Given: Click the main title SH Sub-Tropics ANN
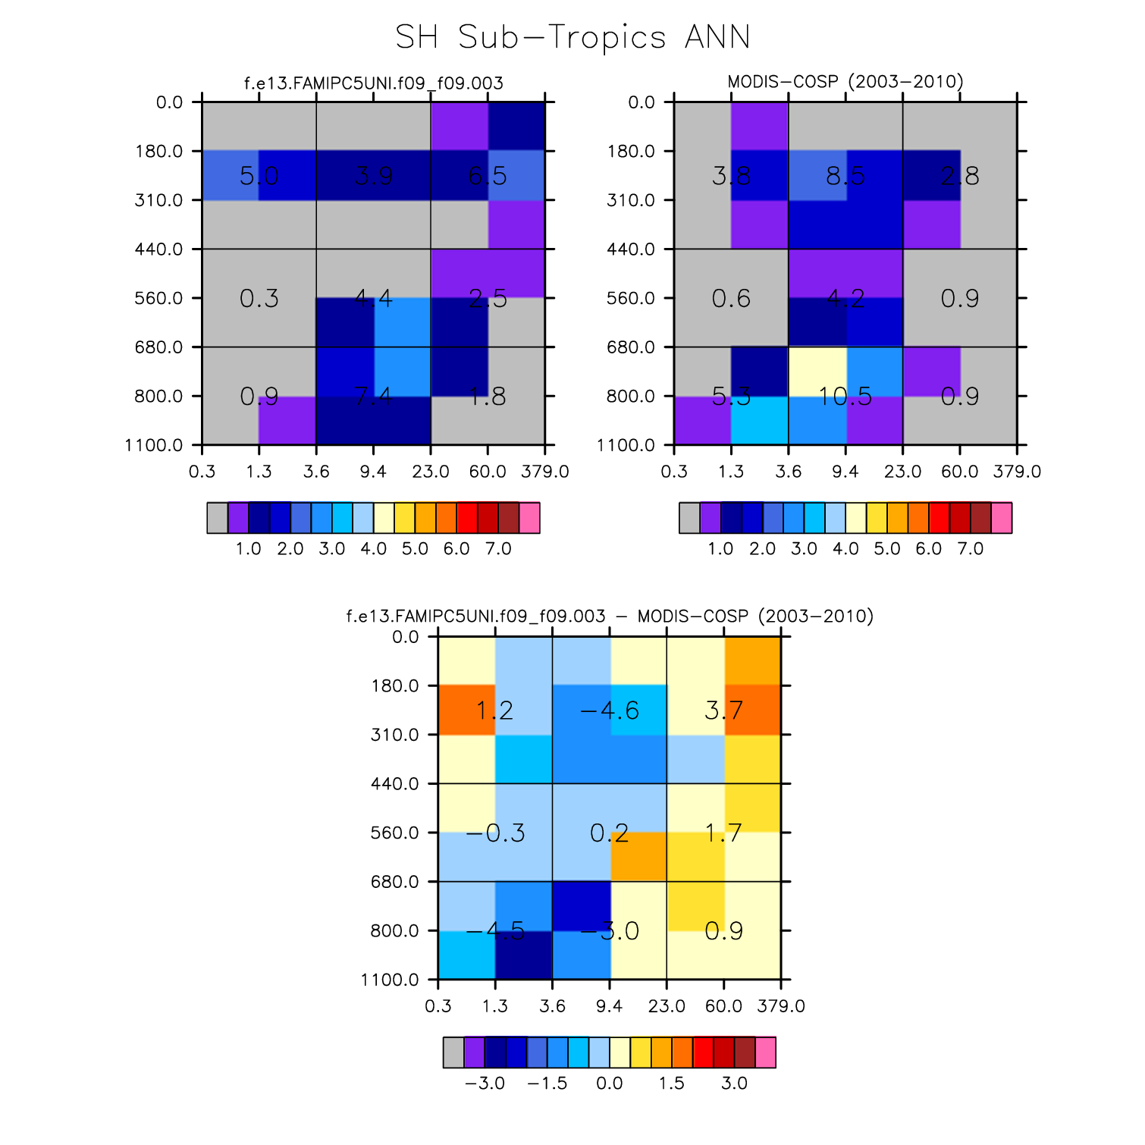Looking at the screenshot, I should pos(572,37).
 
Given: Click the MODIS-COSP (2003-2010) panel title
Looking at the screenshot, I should pos(845,82).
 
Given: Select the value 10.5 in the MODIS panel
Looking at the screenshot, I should pos(845,397).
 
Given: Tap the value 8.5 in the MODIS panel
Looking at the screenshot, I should pos(845,177).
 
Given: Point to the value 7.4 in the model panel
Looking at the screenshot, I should pos(373,397).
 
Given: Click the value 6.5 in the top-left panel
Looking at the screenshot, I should pos(488,177).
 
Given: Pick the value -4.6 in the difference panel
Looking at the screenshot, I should pos(610,711).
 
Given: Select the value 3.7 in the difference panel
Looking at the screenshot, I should pos(723,711).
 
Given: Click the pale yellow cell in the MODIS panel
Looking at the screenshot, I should pos(817,372).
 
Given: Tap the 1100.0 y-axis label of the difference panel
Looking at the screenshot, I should pos(390,980).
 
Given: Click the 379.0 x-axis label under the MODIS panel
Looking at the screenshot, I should pos(1017,472).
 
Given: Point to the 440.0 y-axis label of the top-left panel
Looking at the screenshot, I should pos(159,249).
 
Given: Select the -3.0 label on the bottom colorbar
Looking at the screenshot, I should pos(485,1083).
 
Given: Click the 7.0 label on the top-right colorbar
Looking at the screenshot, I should pos(970,548).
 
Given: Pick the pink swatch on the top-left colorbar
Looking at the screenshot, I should pos(529,518).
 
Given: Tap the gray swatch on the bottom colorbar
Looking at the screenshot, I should pos(453,1052).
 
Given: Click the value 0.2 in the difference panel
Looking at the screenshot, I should pos(610,834).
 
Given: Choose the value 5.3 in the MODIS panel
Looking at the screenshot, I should pos(732,397).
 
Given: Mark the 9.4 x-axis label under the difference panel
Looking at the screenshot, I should pos(610,1006).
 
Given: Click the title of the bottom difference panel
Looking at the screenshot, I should pos(610,616).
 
